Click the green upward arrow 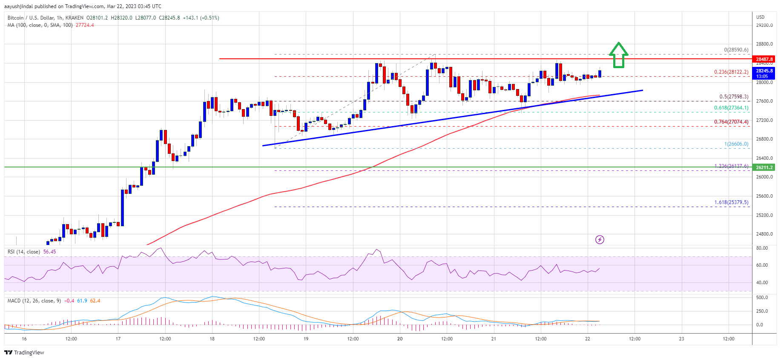[618, 55]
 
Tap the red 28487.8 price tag [764, 59]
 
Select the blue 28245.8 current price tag [764, 73]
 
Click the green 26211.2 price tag [764, 167]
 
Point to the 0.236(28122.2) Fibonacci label [731, 72]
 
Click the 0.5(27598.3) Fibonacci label [733, 97]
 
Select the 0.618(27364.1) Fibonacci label [731, 108]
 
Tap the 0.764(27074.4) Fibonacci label [731, 122]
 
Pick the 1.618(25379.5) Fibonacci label [731, 202]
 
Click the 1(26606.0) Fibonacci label [736, 144]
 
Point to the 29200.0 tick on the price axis [764, 25]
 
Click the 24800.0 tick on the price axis [764, 234]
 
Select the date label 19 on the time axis [306, 339]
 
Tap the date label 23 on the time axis [681, 339]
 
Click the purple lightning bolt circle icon [600, 239]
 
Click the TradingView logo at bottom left [24, 352]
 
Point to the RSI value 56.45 [49, 252]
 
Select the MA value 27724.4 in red [85, 25]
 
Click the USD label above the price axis [760, 17]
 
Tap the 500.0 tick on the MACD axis [762, 297]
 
